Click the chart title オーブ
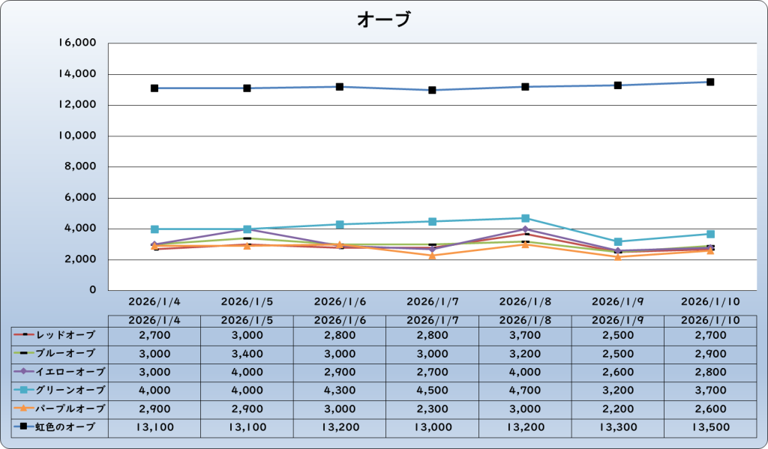tap(383, 19)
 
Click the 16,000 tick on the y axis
tap(77, 43)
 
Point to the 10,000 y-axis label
tap(77, 136)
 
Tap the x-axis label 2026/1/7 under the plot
tap(432, 301)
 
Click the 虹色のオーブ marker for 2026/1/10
tap(710, 82)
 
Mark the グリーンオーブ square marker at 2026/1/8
tap(525, 218)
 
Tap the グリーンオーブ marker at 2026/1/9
tap(618, 241)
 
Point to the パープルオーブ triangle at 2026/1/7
tap(432, 255)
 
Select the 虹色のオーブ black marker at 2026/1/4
tap(154, 88)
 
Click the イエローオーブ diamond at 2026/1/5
tap(247, 229)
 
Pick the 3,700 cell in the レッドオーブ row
tap(525, 334)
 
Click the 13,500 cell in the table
tap(710, 427)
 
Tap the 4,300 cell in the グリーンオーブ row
tap(339, 390)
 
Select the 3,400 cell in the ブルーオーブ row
tap(247, 353)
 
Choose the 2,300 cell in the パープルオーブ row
tap(432, 409)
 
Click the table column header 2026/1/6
tap(339, 320)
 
